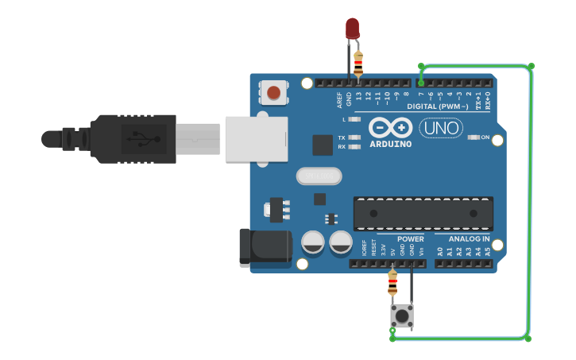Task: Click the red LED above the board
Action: [353, 29]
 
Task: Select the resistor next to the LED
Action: [358, 61]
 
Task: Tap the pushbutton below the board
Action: [402, 315]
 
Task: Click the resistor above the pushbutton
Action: [392, 281]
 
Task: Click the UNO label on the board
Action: [441, 128]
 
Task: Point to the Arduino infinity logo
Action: [391, 127]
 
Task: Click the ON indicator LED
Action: [474, 137]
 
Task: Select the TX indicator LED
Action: [355, 137]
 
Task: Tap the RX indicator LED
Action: [355, 146]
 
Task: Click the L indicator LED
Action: [355, 119]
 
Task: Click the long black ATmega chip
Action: [423, 213]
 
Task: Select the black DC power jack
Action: [265, 246]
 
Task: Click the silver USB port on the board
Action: [256, 139]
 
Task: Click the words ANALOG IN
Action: [469, 238]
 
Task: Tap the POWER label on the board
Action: [411, 238]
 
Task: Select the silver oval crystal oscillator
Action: [319, 176]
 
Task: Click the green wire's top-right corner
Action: [531, 66]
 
